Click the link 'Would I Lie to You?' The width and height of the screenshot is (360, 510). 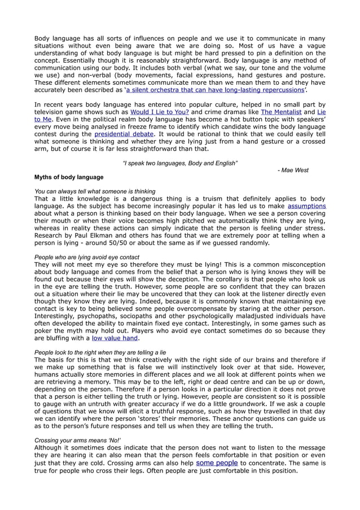[159, 112]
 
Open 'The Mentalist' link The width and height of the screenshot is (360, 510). [281, 112]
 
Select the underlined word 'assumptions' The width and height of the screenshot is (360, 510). [307, 206]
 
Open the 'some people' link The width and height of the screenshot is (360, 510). [217, 463]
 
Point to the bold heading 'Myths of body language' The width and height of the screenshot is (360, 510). [69, 177]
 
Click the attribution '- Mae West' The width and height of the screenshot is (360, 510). [293, 170]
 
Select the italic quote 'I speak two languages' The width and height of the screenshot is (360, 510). [180, 163]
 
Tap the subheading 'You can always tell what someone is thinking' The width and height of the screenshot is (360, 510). [95, 191]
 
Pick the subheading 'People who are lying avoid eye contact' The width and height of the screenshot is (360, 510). [87, 257]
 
